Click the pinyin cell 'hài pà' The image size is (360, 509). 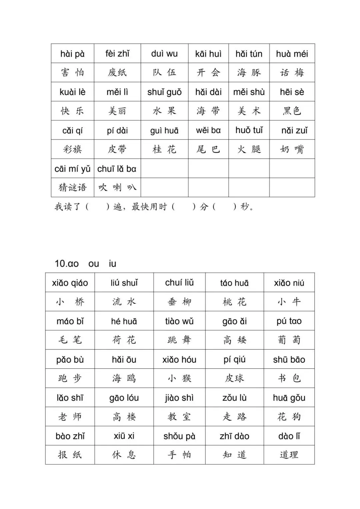[72, 54]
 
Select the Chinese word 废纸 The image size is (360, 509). [117, 73]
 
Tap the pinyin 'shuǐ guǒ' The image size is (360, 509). [164, 92]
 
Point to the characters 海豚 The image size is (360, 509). [249, 73]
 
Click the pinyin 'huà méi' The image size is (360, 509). [292, 54]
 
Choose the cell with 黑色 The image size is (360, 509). [292, 111]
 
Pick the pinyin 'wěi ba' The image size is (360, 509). [208, 130]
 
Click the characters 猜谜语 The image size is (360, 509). [72, 188]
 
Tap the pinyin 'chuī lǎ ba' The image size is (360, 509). [117, 169]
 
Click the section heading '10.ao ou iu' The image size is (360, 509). [85, 264]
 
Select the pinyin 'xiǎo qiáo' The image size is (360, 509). [70, 283]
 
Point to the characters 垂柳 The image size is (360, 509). [179, 302]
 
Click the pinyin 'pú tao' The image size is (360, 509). [289, 321]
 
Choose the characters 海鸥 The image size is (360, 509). [124, 378]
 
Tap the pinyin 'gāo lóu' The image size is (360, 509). [124, 398]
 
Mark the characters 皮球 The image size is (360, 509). [234, 378]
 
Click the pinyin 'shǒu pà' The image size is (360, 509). [179, 436]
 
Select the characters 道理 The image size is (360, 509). [289, 455]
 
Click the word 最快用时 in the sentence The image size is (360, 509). [149, 207]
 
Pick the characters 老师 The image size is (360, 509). [70, 417]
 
